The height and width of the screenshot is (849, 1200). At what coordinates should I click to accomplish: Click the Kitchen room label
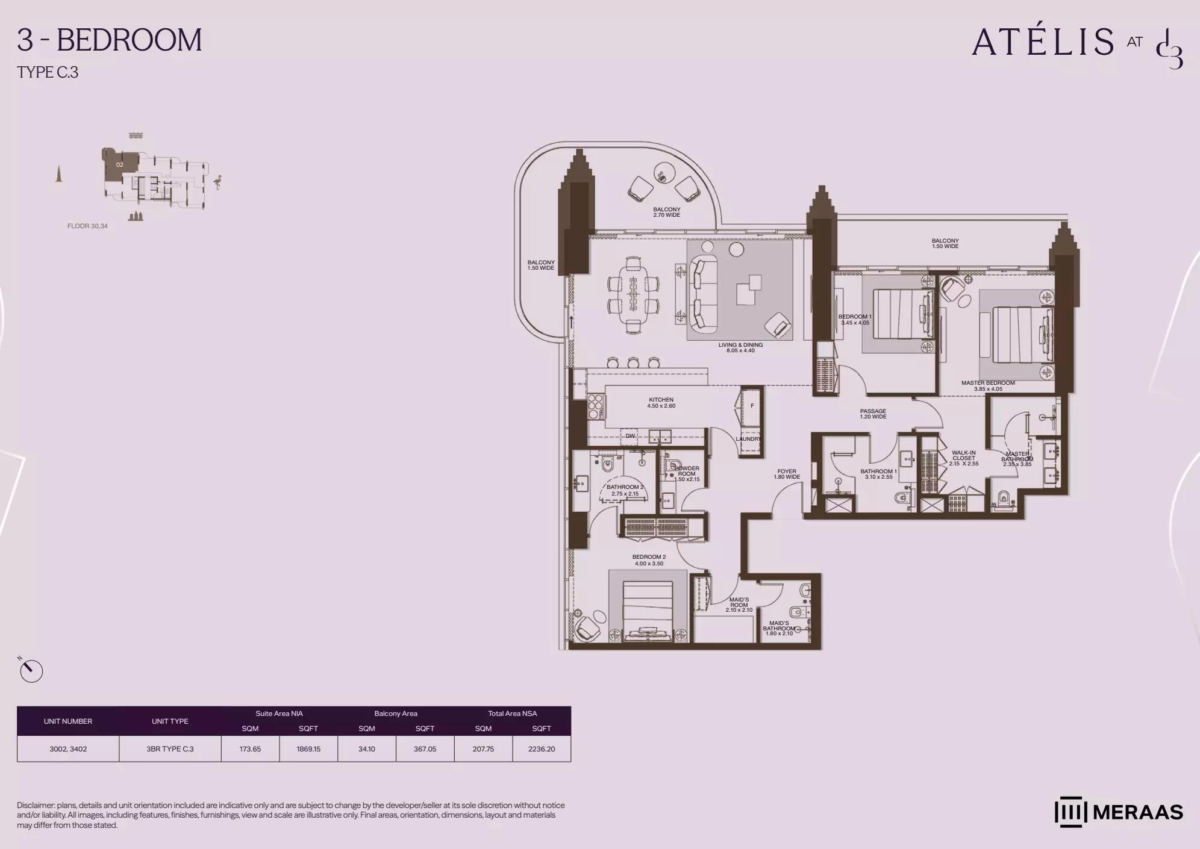(x=661, y=403)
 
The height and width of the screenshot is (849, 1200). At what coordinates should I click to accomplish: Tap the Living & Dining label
(x=740, y=348)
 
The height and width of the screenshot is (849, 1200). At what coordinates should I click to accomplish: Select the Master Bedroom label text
(x=988, y=386)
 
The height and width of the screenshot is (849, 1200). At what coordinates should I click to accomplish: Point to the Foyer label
(x=787, y=474)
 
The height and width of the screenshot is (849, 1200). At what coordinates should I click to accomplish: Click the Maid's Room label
(x=739, y=605)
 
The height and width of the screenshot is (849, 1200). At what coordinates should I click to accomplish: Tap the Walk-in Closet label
(x=964, y=458)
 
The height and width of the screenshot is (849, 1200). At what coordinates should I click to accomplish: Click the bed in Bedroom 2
(x=648, y=610)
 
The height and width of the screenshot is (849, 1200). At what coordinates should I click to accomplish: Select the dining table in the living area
(x=633, y=295)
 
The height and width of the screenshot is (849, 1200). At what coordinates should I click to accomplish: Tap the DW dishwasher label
(x=630, y=436)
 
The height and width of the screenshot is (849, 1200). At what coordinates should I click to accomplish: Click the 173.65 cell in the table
(x=250, y=749)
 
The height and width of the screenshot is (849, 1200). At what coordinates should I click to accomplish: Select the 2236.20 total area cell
(x=542, y=749)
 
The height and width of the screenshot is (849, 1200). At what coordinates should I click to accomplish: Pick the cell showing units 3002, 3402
(x=68, y=749)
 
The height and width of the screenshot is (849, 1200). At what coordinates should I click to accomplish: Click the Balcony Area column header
(x=396, y=714)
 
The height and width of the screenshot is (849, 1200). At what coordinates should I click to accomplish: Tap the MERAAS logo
(x=1119, y=812)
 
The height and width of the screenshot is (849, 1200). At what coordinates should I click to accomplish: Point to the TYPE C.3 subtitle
(x=48, y=72)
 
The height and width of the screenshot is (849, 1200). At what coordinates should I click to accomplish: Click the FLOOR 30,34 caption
(x=87, y=226)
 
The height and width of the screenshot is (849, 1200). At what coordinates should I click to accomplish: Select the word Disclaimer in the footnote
(x=36, y=805)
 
